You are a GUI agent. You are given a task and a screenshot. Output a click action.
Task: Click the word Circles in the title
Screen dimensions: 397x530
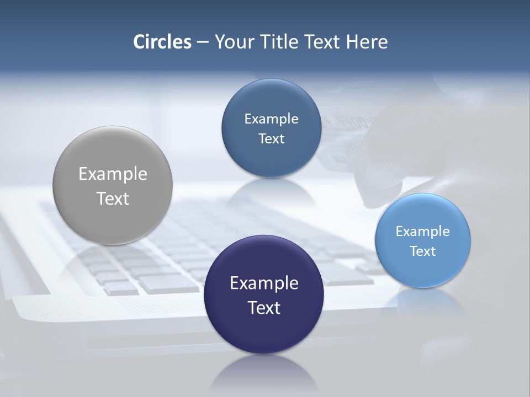(x=162, y=41)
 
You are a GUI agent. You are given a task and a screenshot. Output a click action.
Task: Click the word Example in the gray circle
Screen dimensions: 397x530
(x=113, y=174)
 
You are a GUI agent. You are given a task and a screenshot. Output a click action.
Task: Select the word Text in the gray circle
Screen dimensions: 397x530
(x=113, y=198)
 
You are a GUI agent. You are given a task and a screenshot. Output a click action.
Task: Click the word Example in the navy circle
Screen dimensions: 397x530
(x=264, y=283)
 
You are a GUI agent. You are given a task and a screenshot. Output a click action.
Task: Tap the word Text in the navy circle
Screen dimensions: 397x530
(x=264, y=308)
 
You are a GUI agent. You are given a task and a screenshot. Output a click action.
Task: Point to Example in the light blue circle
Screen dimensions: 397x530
(x=423, y=231)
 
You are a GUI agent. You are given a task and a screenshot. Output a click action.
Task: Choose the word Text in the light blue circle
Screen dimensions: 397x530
(x=423, y=251)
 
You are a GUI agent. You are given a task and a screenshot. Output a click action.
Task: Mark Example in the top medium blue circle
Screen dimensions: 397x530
(x=271, y=119)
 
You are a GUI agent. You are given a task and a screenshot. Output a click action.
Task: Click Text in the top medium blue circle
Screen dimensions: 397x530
(x=271, y=138)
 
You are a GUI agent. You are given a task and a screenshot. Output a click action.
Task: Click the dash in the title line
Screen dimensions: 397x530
(x=202, y=42)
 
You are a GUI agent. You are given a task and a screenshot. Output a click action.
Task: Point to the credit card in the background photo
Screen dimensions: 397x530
(x=345, y=138)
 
